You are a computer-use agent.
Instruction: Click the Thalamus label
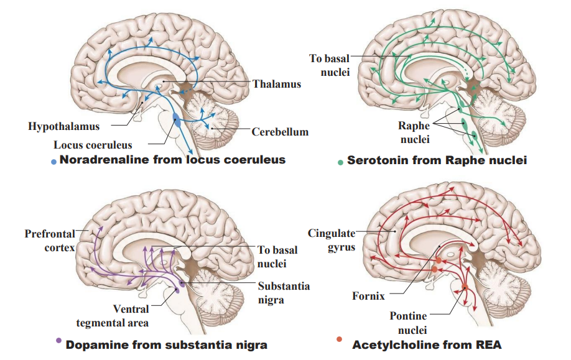click(x=276, y=84)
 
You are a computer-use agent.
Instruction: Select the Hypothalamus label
click(x=63, y=127)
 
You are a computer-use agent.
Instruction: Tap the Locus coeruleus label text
click(x=92, y=145)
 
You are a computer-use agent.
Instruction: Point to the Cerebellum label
click(x=280, y=132)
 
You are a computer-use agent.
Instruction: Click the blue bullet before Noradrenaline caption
click(x=54, y=162)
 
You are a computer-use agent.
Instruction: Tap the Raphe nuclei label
click(x=414, y=132)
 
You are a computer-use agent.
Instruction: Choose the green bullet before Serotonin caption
click(x=340, y=162)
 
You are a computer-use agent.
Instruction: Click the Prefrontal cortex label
click(x=50, y=241)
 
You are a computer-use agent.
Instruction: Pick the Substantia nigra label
click(x=284, y=293)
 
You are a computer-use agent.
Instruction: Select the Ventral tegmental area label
click(x=113, y=315)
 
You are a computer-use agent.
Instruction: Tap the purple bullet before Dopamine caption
click(x=58, y=340)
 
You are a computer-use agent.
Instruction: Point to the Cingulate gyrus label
click(x=332, y=240)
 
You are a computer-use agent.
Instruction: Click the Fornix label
click(x=368, y=297)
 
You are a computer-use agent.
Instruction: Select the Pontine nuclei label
click(x=408, y=323)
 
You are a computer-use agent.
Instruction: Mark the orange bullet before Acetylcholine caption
click(x=339, y=339)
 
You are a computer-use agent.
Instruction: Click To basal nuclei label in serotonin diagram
click(x=329, y=65)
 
